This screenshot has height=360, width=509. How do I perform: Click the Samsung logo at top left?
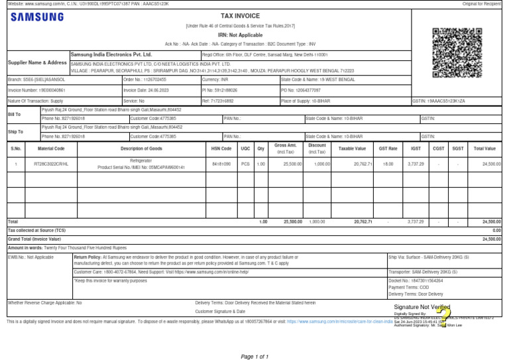[x=38, y=17]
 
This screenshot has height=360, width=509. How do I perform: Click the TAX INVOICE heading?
[x=241, y=15]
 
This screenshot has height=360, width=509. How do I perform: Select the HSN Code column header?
[x=221, y=149]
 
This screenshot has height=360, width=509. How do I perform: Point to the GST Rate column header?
[x=388, y=149]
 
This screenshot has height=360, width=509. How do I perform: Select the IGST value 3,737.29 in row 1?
[x=415, y=163]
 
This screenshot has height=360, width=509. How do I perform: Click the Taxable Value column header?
[x=352, y=149]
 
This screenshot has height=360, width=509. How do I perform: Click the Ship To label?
[x=15, y=132]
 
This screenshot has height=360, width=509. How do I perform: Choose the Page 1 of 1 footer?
[x=254, y=357]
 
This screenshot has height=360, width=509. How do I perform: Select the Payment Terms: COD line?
[x=410, y=287]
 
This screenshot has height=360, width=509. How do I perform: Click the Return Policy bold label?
[x=88, y=256]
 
